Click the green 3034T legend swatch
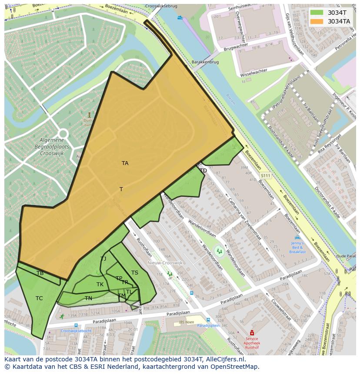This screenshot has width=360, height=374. click(317, 13)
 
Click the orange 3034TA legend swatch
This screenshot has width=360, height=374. click(317, 21)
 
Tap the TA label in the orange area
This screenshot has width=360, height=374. click(125, 163)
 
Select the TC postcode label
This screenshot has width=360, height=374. click(39, 298)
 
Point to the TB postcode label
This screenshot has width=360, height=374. click(40, 273)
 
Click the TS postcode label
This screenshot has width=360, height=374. click(135, 273)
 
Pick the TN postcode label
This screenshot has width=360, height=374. click(88, 298)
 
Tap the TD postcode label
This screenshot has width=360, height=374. click(203, 171)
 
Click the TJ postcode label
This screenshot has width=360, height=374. click(103, 259)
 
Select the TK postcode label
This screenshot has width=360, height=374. click(100, 285)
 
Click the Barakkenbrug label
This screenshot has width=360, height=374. click(205, 62)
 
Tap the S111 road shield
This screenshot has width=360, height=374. click(265, 175)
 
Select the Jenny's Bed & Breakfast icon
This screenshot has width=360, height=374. click(297, 238)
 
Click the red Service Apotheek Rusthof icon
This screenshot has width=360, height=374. click(251, 333)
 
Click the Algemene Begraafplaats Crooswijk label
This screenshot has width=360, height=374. click(52, 147)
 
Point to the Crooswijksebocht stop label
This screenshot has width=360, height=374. click(76, 331)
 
